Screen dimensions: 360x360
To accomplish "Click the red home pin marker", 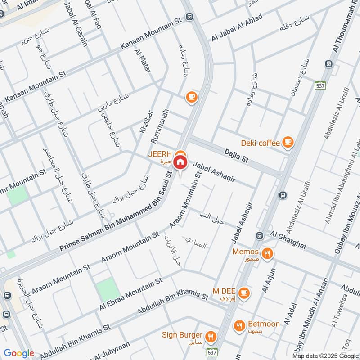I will (x=180, y=162).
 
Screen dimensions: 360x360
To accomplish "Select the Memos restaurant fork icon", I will (x=268, y=253).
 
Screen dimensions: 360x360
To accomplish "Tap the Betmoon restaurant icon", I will (x=239, y=325).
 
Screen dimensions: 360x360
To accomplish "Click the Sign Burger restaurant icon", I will (x=210, y=336).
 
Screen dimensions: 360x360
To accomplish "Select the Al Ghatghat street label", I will (x=288, y=240).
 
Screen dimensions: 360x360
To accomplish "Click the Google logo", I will (x=19, y=353).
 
